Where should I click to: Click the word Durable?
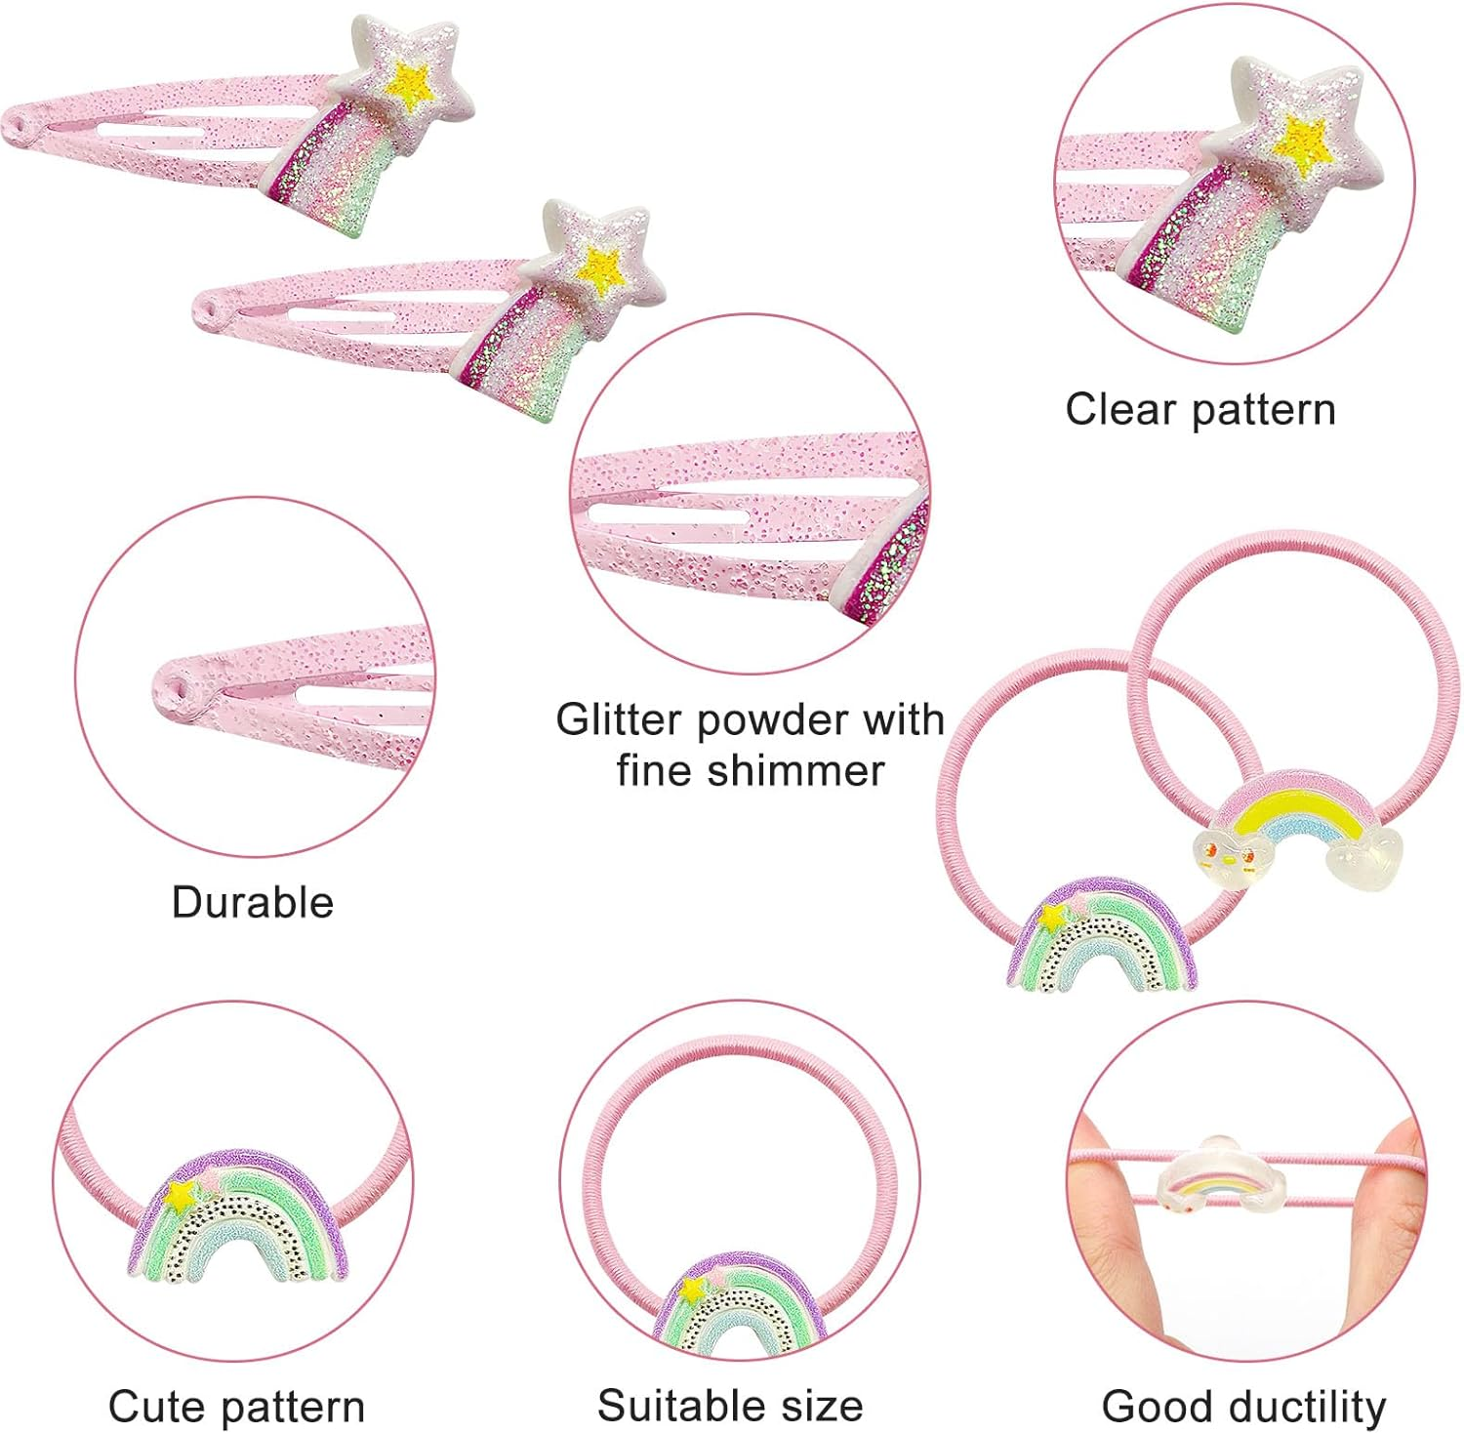[252, 902]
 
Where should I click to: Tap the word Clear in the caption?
[1119, 409]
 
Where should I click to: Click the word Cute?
[156, 1407]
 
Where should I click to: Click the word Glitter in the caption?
[618, 719]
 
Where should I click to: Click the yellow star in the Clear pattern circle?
[1305, 142]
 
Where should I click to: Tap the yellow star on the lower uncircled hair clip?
[601, 266]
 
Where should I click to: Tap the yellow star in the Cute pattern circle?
[181, 1196]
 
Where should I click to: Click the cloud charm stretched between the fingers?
[1222, 1175]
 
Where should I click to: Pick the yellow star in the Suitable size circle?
[693, 1290]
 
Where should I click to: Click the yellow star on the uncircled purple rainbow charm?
[1052, 918]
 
